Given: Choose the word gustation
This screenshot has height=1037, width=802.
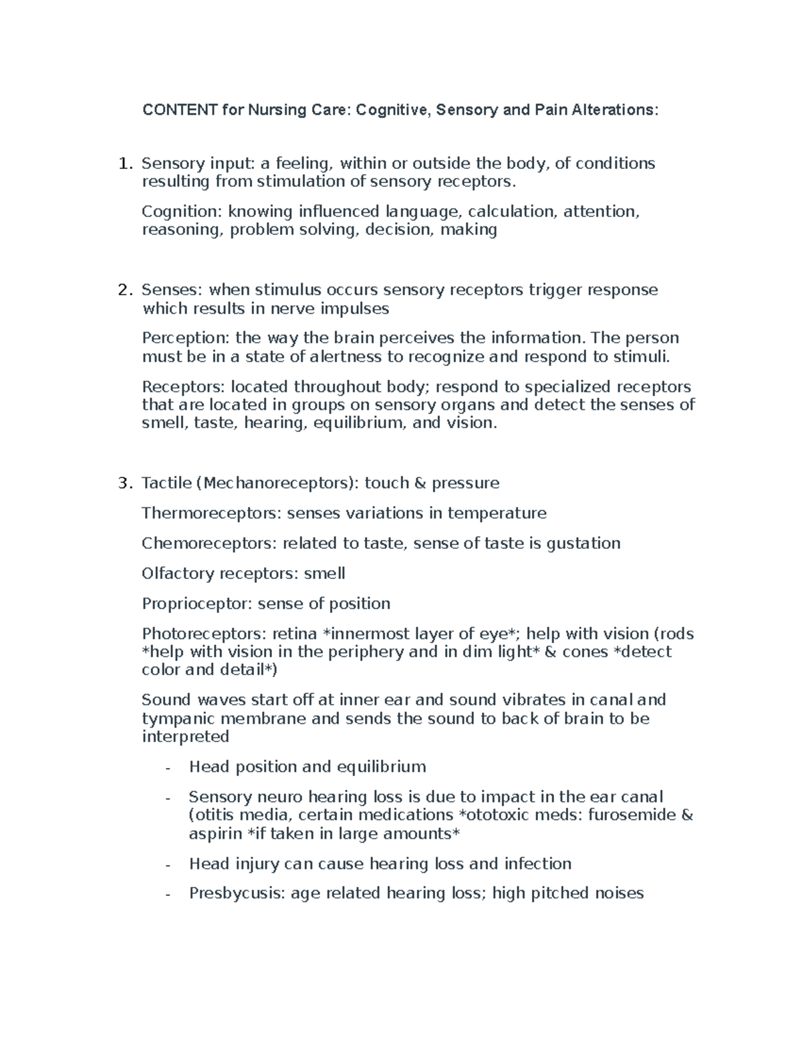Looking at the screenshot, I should click(x=583, y=544).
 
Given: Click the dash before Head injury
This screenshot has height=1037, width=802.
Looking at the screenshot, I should click(x=168, y=865).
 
